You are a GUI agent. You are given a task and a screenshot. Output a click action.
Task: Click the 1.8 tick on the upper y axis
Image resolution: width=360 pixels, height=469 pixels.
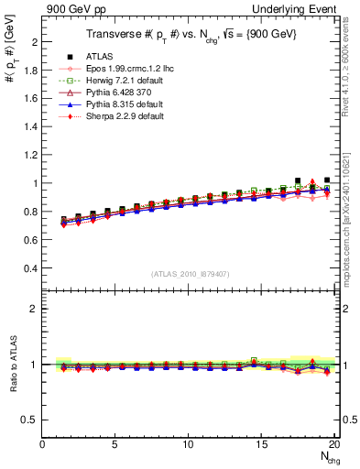click(x=32, y=71)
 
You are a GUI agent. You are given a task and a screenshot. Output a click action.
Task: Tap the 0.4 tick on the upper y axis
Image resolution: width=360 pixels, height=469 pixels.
click(x=32, y=268)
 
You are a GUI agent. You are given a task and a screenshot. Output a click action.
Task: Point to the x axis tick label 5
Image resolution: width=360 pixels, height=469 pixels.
click(x=115, y=444)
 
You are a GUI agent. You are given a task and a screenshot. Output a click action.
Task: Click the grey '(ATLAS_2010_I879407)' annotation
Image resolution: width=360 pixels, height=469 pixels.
click(x=190, y=274)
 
